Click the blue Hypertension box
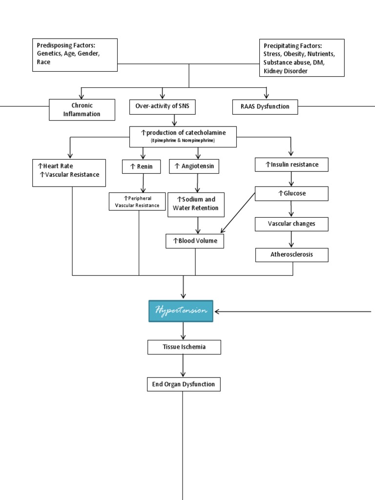tap(181, 311)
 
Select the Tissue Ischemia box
tap(184, 347)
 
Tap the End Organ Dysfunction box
tap(184, 384)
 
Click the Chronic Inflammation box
tap(82, 110)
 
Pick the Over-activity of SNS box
tap(162, 107)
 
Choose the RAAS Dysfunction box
tap(266, 107)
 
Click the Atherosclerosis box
tap(292, 255)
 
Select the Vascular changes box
tap(292, 224)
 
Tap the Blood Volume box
tap(195, 241)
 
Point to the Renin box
tap(141, 167)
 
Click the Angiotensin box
tap(194, 167)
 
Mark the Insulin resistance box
tap(292, 165)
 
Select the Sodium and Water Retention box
tap(196, 204)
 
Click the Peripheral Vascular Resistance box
tap(137, 202)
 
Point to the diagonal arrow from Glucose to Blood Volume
tap(238, 212)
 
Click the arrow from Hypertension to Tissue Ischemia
tap(184, 331)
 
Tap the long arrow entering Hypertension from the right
tap(293, 312)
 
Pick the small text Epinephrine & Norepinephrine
tap(183, 141)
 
